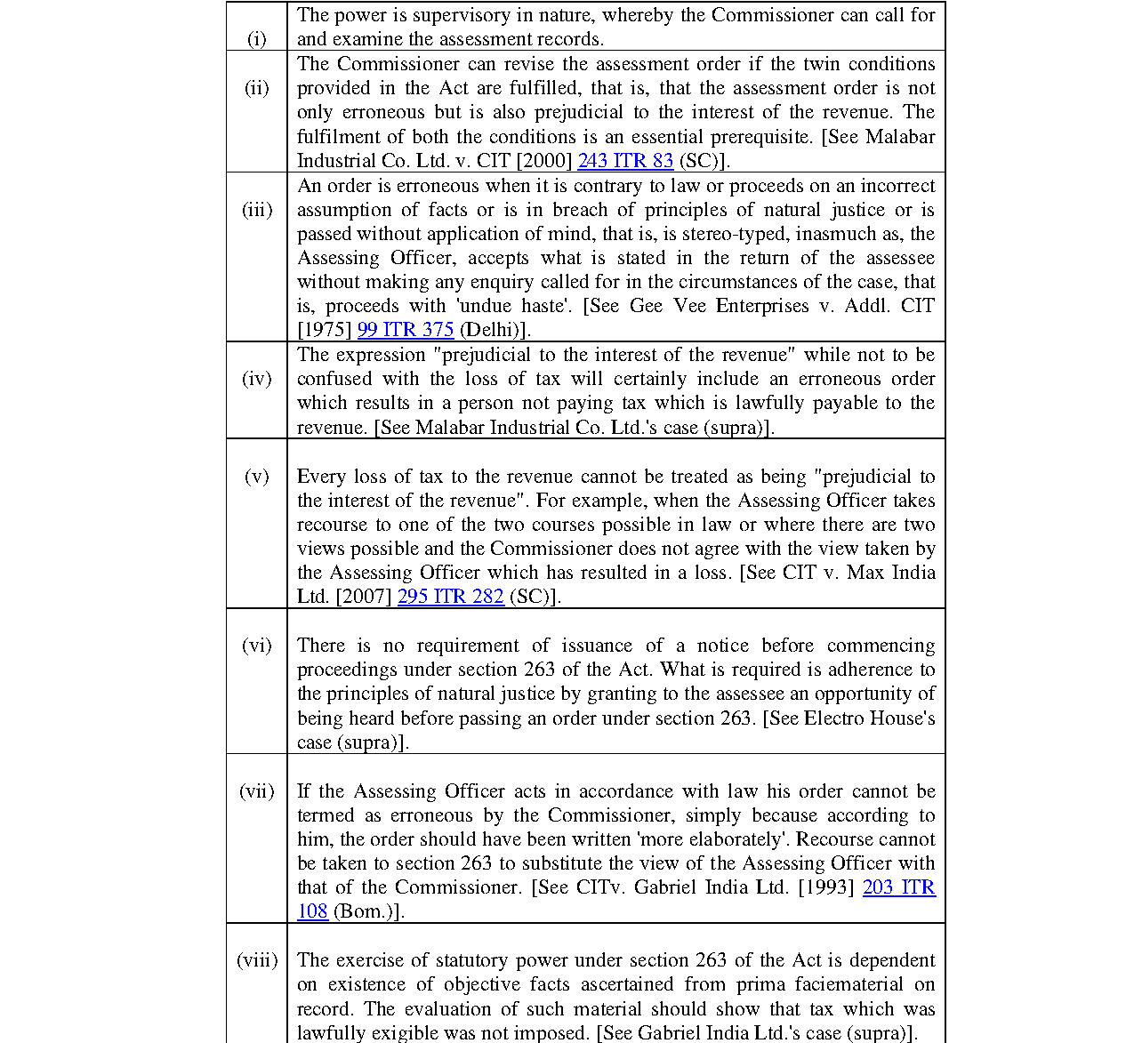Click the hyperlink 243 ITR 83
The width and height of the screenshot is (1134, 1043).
(x=625, y=161)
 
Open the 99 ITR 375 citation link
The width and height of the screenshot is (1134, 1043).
(x=406, y=330)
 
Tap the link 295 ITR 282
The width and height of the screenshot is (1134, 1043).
(x=451, y=597)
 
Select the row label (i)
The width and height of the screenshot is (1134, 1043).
(x=256, y=39)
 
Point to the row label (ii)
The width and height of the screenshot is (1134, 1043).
(x=256, y=88)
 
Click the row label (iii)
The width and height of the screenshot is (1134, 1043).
(x=256, y=210)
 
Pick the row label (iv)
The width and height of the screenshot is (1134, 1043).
(x=256, y=379)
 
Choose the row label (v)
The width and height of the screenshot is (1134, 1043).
(x=256, y=477)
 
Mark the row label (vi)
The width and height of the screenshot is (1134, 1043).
(x=256, y=646)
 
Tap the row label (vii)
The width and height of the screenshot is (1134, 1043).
(x=256, y=791)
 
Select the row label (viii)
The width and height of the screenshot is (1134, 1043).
(x=256, y=960)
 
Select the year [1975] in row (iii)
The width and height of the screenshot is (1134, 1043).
(x=325, y=330)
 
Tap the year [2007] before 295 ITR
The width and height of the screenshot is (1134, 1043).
(x=364, y=597)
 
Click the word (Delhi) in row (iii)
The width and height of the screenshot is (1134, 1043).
(x=492, y=330)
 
